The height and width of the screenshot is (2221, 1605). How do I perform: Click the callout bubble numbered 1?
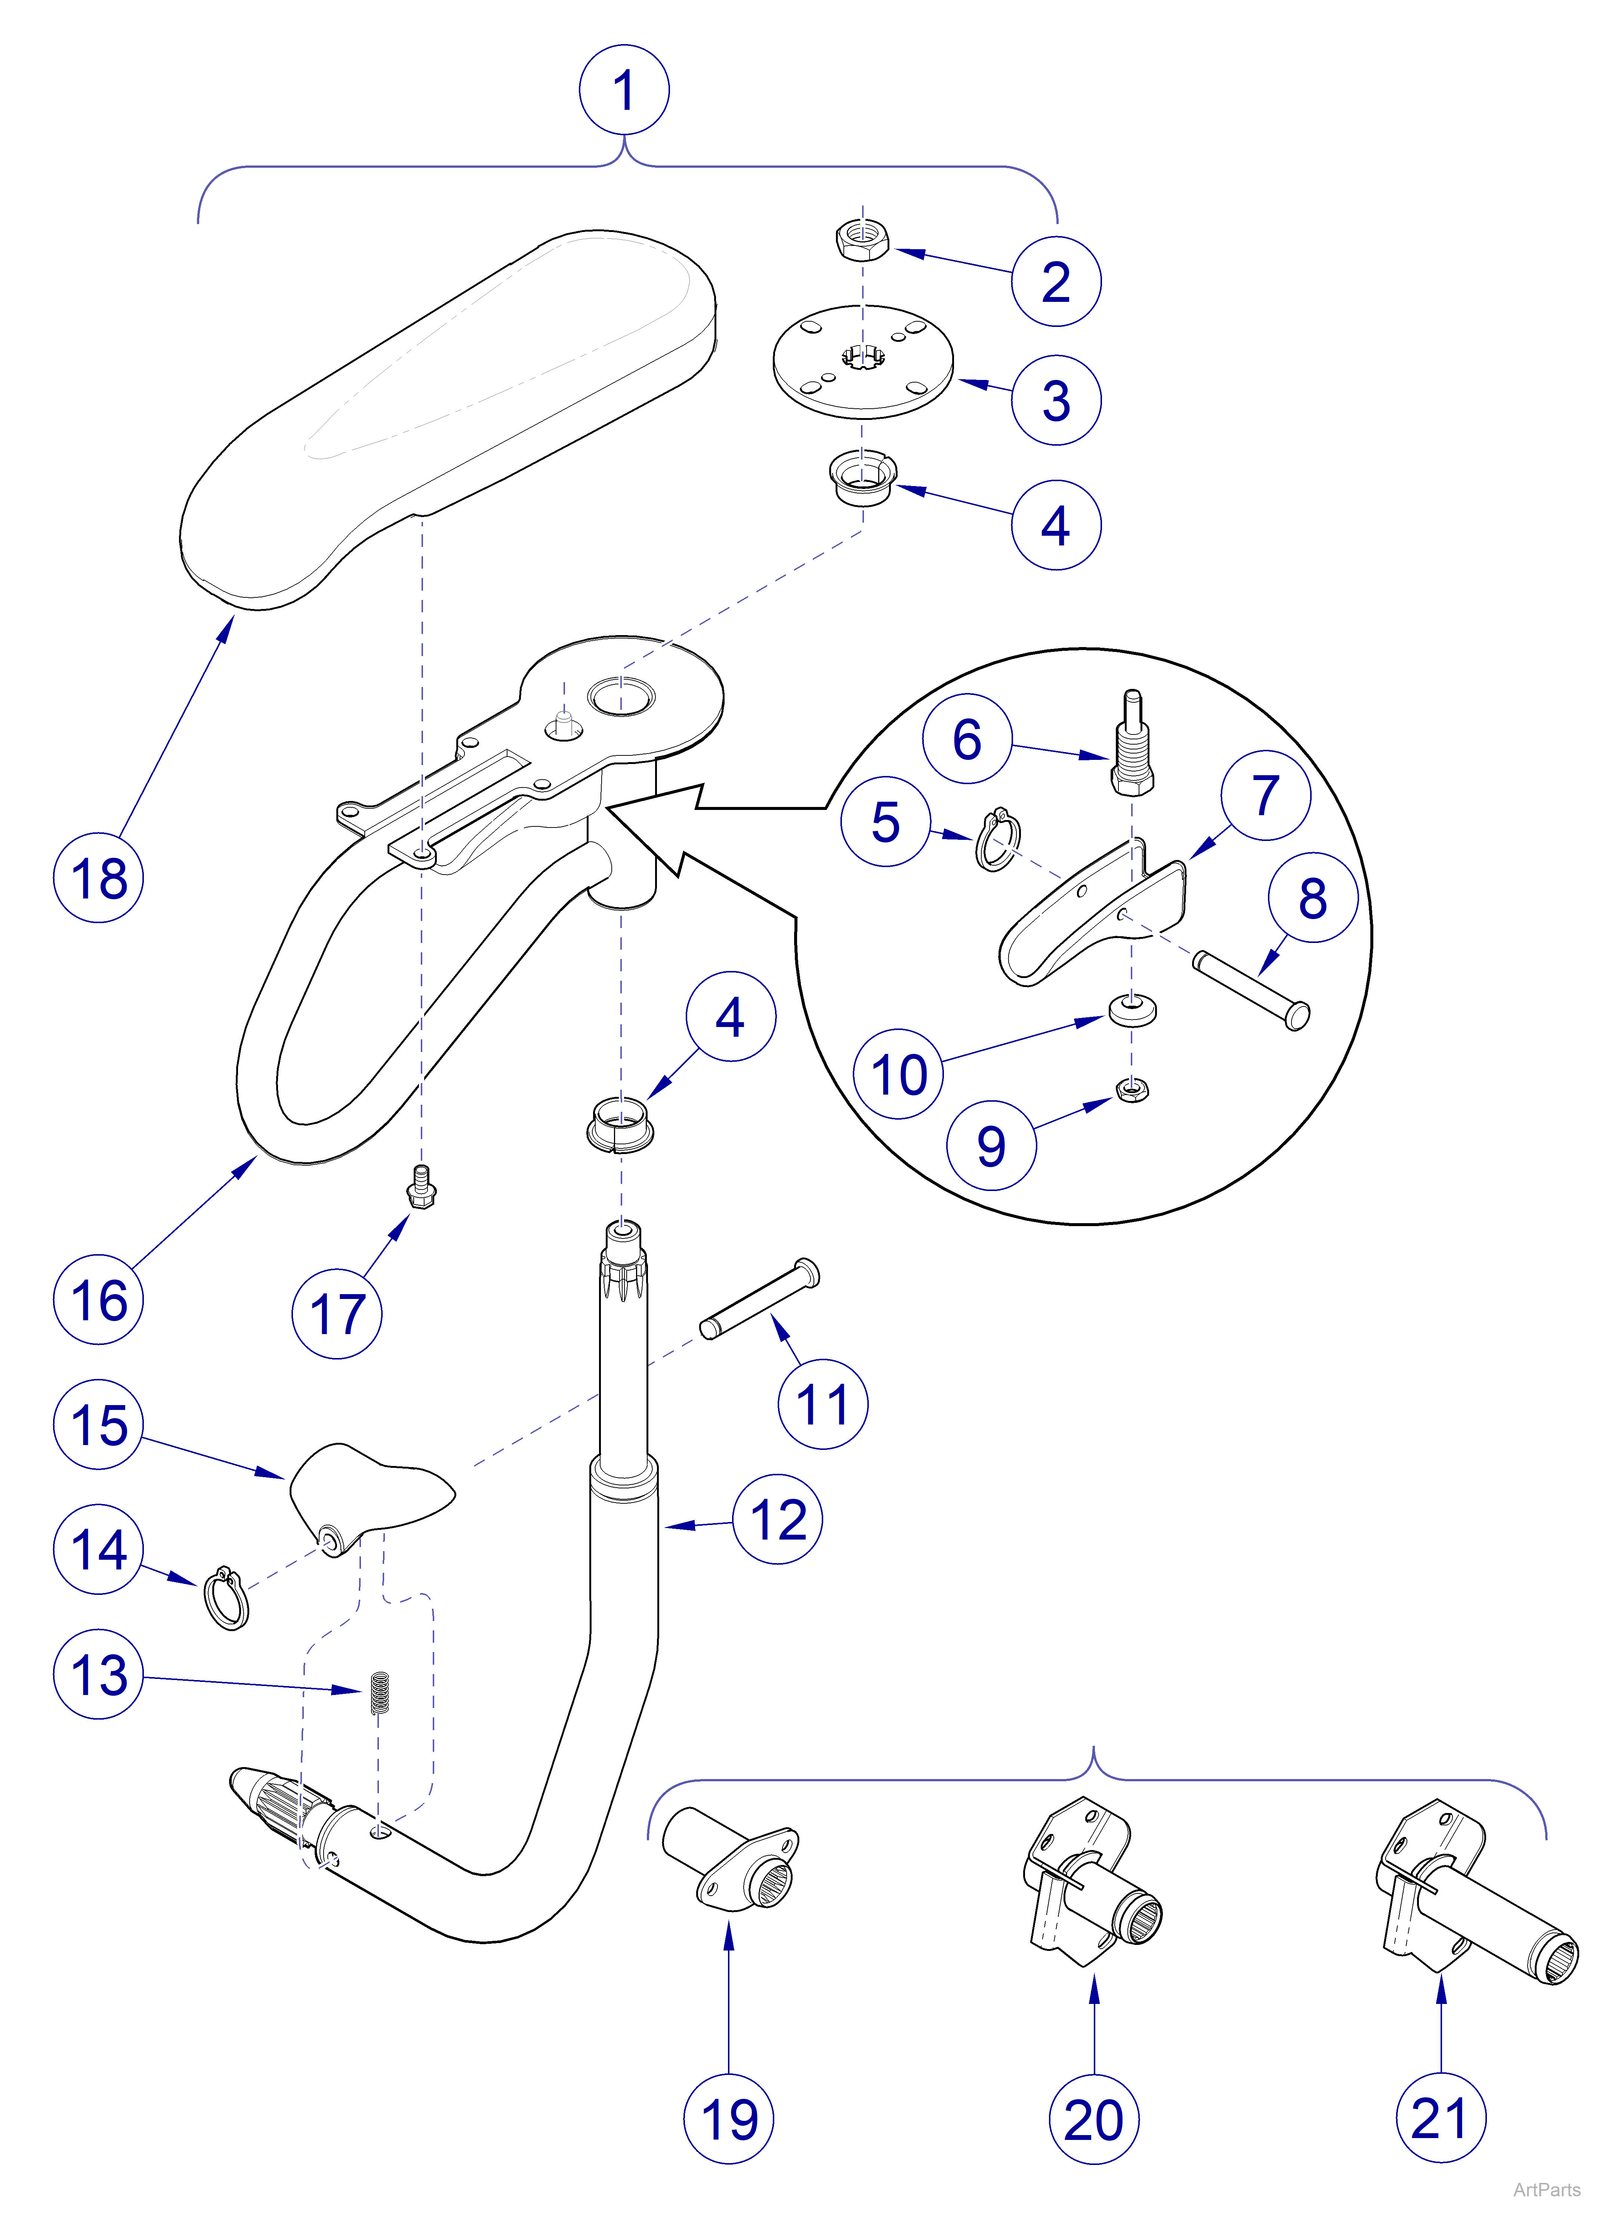[624, 90]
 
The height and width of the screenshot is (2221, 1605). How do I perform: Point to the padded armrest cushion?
[450, 411]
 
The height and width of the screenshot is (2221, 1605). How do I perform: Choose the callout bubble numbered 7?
[1265, 795]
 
